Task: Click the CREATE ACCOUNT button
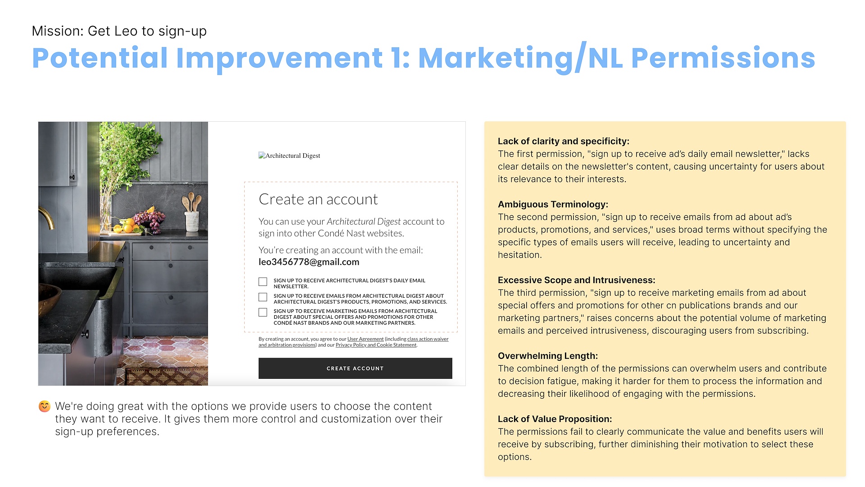tap(355, 368)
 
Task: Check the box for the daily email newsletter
tap(263, 282)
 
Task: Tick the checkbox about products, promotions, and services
tap(263, 297)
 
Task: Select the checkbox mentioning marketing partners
tap(263, 312)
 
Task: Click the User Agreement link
tap(365, 339)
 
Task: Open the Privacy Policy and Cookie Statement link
tap(376, 345)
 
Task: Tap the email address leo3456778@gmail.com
tap(309, 262)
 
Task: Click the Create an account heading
tap(318, 199)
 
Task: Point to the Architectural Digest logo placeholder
tap(289, 156)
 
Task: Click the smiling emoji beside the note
tap(45, 406)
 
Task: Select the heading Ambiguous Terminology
tap(553, 204)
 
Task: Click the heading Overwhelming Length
tap(548, 356)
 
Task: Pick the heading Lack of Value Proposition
tap(555, 419)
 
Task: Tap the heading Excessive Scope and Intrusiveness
tap(577, 280)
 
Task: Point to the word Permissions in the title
tap(723, 58)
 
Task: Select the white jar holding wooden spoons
tap(192, 221)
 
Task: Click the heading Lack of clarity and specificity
tap(564, 141)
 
